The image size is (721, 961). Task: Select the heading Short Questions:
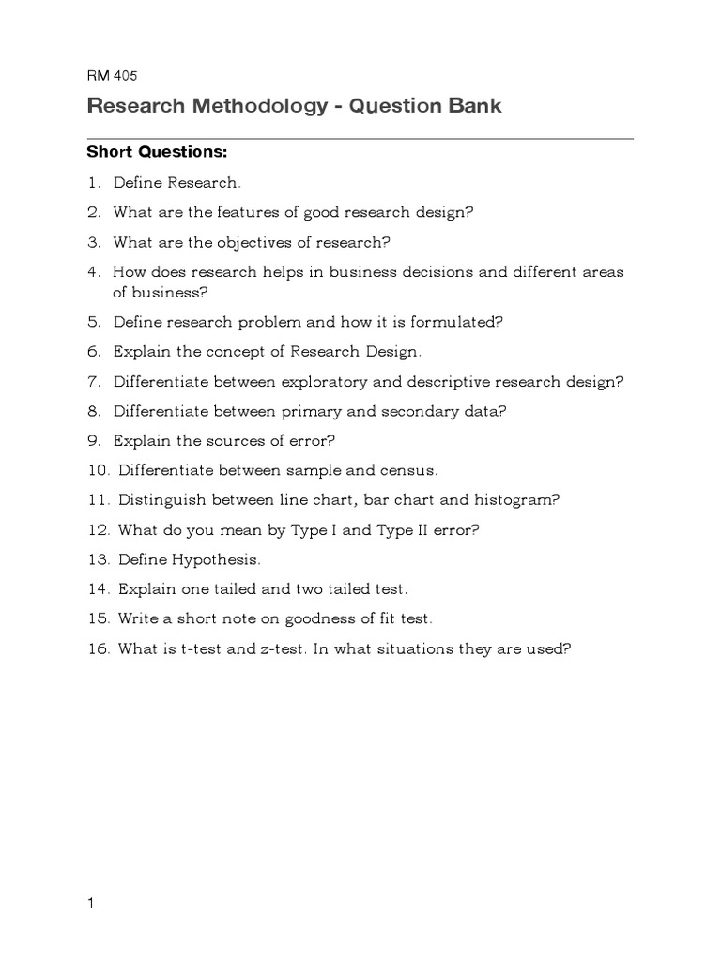[157, 151]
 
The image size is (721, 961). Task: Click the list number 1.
[93, 182]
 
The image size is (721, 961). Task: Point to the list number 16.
[98, 648]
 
